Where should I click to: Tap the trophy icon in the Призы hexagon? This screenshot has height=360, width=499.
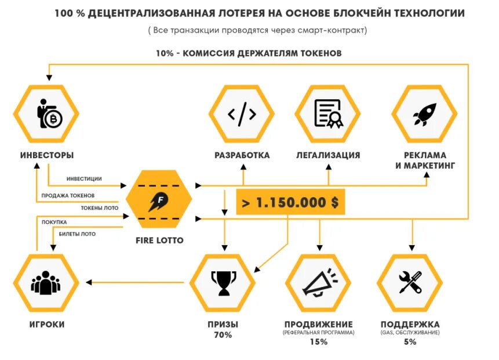223,282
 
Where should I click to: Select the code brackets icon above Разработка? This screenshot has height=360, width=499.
242,114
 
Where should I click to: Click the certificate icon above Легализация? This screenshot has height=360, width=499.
328,114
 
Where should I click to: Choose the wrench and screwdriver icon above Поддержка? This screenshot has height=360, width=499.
410,282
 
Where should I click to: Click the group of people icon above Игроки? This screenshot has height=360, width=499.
46,283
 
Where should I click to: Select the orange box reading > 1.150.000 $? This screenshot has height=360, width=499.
290,202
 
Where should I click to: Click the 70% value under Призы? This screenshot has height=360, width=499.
223,334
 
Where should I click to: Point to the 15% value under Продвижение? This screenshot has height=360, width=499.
318,341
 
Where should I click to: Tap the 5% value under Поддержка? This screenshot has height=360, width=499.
410,341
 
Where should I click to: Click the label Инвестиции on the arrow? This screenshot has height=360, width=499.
84,179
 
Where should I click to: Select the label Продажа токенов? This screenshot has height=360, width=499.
68,195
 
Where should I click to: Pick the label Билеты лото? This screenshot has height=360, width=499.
77,234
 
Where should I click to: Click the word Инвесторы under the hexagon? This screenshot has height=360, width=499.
47,155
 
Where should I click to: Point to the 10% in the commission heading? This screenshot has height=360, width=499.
165,53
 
